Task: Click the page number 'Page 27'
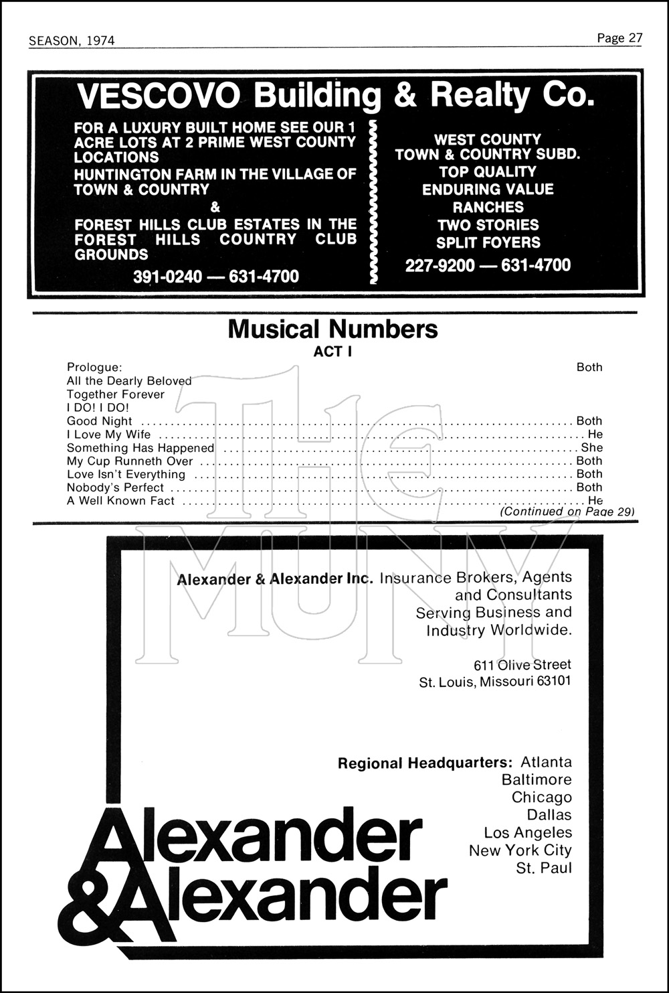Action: click(x=619, y=38)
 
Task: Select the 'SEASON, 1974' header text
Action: click(x=72, y=41)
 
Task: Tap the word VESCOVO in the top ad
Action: click(x=158, y=96)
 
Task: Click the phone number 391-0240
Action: click(x=167, y=276)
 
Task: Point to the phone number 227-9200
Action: click(x=440, y=265)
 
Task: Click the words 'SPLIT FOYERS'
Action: click(x=488, y=242)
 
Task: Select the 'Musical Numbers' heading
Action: click(x=332, y=329)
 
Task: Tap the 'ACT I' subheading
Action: click(x=332, y=351)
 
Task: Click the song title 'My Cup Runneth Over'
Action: click(x=130, y=461)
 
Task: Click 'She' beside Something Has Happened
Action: click(x=592, y=447)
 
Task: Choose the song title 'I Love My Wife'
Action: click(x=108, y=435)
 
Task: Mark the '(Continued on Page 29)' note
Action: click(x=567, y=512)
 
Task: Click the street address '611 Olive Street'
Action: click(x=522, y=665)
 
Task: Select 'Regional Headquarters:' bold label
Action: click(x=425, y=763)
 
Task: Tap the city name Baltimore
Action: click(x=537, y=780)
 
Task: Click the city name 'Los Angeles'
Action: click(x=528, y=833)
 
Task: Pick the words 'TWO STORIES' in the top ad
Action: click(x=488, y=225)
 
